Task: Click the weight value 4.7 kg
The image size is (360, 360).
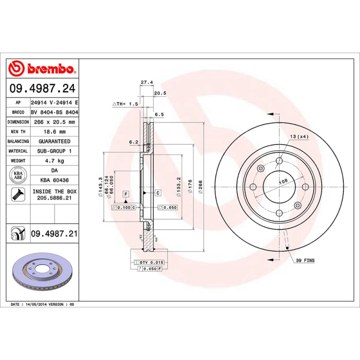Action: (54, 161)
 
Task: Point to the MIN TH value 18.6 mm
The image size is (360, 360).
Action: (54, 132)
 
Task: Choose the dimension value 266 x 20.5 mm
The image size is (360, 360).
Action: (54, 122)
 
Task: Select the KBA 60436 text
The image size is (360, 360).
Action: (54, 180)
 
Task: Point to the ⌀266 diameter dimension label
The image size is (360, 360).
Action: (201, 186)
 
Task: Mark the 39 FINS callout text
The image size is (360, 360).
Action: (306, 261)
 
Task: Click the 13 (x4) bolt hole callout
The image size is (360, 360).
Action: (299, 136)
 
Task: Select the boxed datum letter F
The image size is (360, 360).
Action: (126, 194)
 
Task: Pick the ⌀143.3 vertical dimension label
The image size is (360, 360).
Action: (99, 186)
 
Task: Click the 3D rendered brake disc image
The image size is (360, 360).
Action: (43, 274)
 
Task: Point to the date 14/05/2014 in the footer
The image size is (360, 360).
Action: (37, 305)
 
